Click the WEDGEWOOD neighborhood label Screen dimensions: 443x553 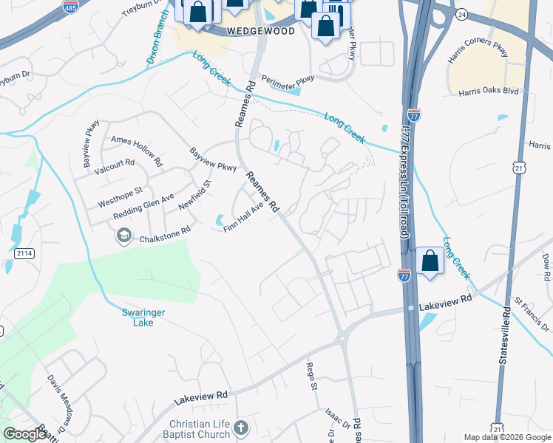260,31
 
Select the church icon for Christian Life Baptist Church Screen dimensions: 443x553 240,427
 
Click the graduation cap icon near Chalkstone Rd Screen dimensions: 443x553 123,236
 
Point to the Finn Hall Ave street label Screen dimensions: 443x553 244,219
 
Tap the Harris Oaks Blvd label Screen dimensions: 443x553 488,92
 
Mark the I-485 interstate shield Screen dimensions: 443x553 70,8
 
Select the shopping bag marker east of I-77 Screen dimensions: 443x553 430,261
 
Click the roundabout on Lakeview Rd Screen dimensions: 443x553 342,340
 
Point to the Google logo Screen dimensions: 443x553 25,434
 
